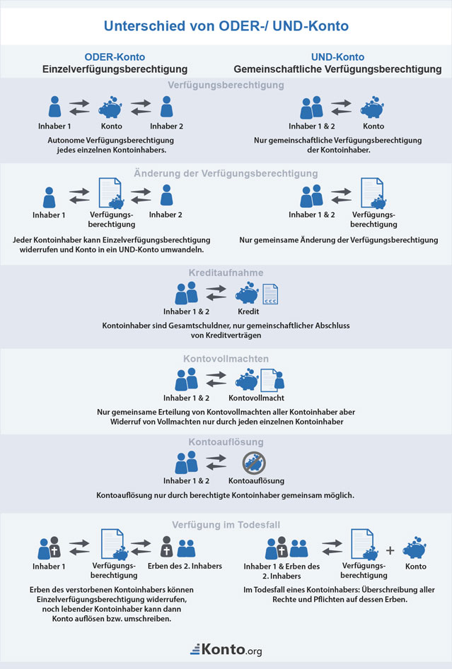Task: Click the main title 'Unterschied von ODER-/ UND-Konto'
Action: point(226,26)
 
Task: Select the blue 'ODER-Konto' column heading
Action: point(113,57)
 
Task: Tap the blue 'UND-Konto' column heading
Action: point(337,57)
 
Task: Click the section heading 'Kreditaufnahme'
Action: point(226,272)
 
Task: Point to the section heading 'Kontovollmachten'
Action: point(226,359)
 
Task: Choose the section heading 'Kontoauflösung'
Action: point(226,442)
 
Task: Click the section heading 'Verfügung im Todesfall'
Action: point(226,525)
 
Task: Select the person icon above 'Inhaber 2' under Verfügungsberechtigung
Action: point(166,107)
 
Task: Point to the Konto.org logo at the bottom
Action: point(226,649)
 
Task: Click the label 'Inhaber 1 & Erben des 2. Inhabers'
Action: point(282,571)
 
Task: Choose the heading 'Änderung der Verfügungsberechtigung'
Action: point(226,173)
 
